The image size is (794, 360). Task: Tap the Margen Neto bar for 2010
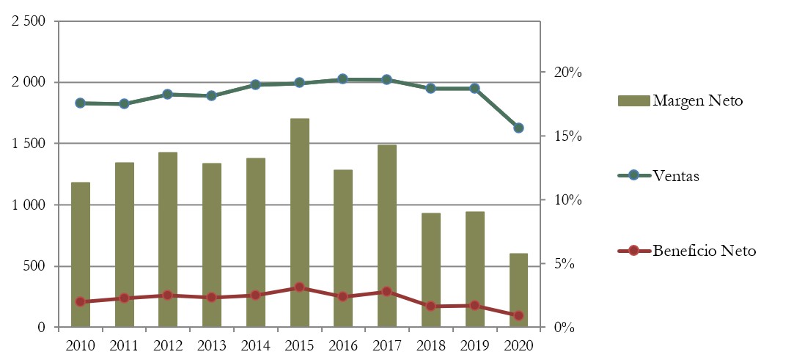pos(80,253)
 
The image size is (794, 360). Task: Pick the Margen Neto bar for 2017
pos(386,235)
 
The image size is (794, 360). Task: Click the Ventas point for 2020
pos(518,128)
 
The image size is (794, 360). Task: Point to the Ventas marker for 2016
pos(342,79)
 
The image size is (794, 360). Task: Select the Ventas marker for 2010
pos(80,103)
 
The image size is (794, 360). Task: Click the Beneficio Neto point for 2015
pos(299,287)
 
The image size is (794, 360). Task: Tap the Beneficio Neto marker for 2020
pos(518,315)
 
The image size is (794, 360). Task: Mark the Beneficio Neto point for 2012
pos(167,295)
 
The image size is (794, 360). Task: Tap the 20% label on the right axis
pos(567,73)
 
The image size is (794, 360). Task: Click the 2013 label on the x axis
pos(211,345)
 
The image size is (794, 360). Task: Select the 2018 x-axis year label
pos(430,345)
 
